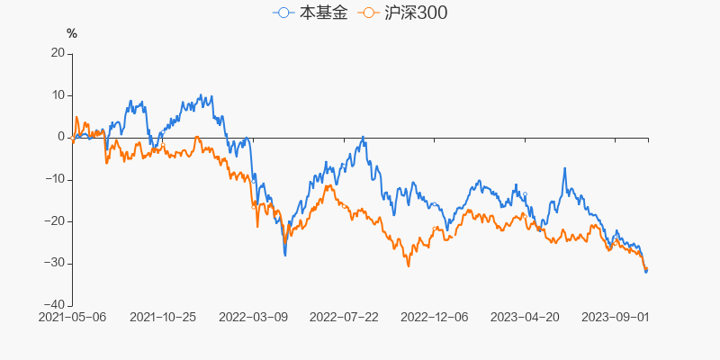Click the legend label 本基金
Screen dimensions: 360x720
[x=322, y=13]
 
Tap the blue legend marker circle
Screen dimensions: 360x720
[x=284, y=13]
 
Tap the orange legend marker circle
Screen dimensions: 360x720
[x=367, y=13]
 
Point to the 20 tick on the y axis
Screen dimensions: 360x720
[x=58, y=53]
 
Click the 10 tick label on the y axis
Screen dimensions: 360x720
[x=58, y=95]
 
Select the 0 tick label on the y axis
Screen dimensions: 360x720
[x=61, y=137]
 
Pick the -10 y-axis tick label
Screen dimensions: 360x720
[x=55, y=179]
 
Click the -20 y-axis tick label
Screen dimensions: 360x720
[x=55, y=221]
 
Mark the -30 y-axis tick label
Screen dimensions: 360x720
[x=55, y=263]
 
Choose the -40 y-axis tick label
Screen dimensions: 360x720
[x=55, y=305]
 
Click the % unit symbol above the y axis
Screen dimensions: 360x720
[x=72, y=33]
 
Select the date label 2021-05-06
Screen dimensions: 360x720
[x=73, y=317]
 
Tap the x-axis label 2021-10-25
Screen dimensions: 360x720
[x=163, y=317]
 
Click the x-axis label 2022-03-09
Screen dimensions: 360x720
[x=253, y=317]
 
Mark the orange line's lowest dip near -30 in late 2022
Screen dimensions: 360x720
[x=408, y=265]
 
